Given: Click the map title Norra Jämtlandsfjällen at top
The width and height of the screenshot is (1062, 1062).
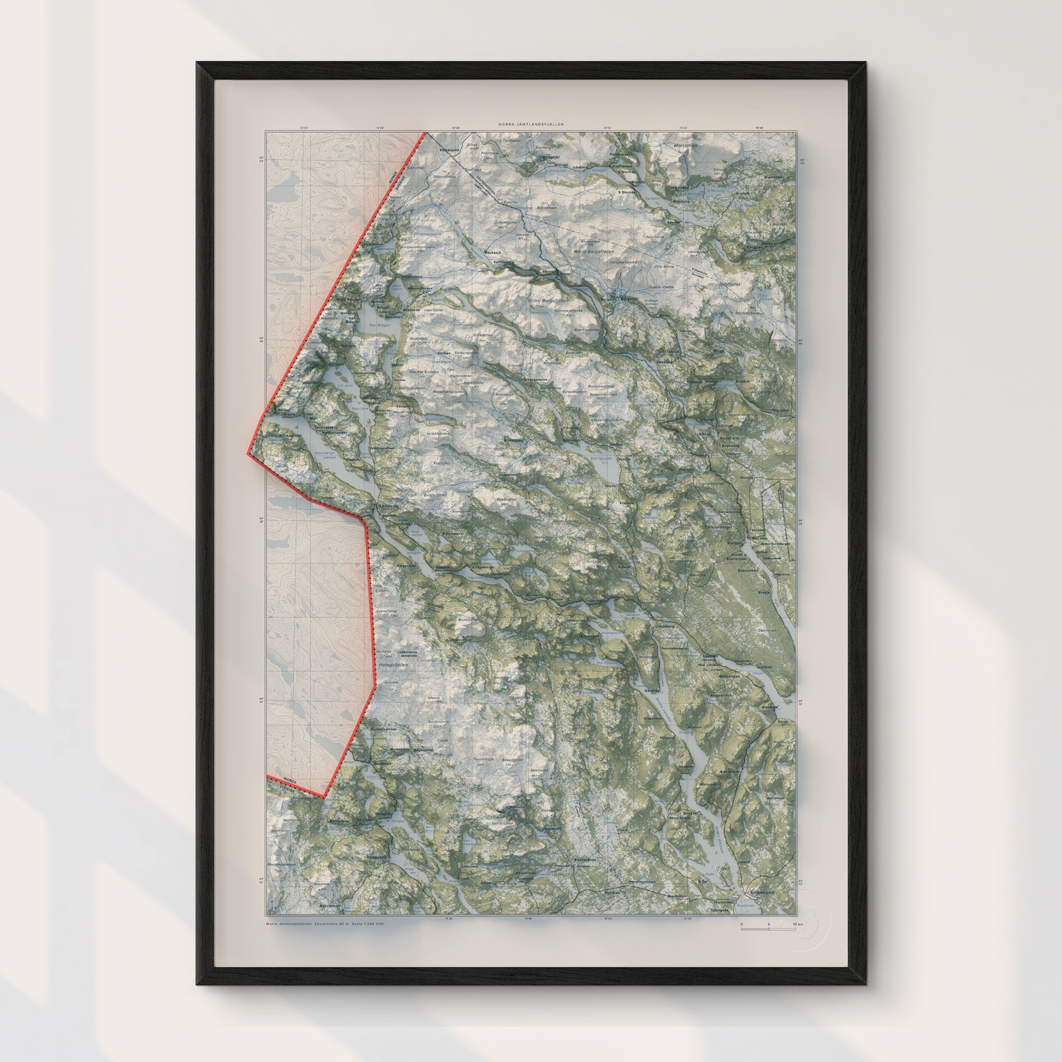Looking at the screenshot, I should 531,124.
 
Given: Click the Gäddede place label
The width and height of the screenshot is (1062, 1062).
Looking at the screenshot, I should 388,506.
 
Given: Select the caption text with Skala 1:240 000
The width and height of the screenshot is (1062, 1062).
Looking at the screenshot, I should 325,924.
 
